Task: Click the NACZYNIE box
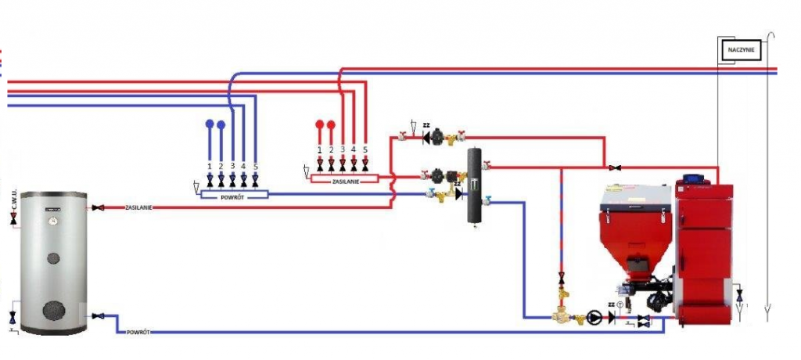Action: tap(740, 49)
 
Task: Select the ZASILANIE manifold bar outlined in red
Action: tap(345, 179)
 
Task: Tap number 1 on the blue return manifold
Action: tap(210, 167)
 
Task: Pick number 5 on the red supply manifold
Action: tap(365, 149)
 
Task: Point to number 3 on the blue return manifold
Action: tap(232, 167)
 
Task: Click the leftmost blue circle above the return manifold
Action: tap(210, 125)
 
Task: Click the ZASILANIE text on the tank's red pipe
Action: tap(138, 208)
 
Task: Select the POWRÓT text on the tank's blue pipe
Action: tap(136, 333)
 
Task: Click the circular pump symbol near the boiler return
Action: tap(596, 318)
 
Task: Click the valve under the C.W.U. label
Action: tap(14, 222)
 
